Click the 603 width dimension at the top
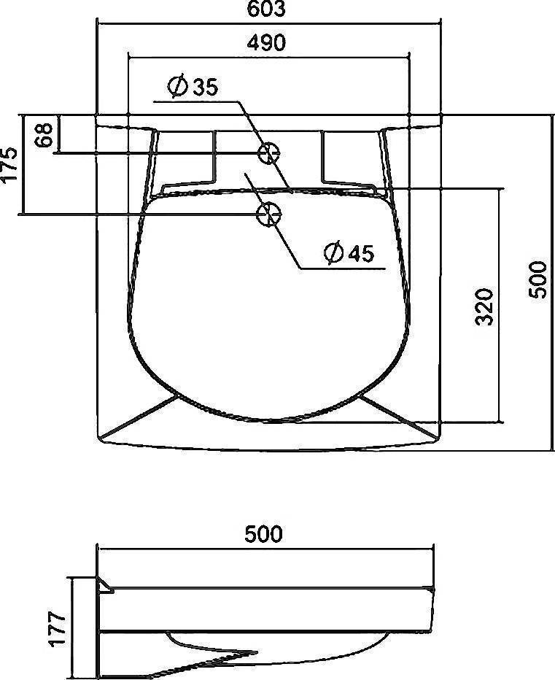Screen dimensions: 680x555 click(266, 9)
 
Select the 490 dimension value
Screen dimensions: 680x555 click(265, 42)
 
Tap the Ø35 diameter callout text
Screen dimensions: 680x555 click(193, 87)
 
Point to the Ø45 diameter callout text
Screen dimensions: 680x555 click(349, 253)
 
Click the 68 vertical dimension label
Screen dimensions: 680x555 click(44, 135)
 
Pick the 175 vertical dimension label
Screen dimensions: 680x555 click(9, 165)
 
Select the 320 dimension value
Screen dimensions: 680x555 click(486, 306)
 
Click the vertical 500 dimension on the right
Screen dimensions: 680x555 click(537, 279)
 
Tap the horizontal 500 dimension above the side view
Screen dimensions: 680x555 click(263, 535)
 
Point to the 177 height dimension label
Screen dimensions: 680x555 click(58, 628)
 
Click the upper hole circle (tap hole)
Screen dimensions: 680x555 click(268, 153)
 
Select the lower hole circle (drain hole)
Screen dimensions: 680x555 click(268, 214)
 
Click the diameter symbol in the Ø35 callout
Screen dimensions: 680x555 click(176, 87)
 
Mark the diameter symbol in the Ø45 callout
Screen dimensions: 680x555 click(333, 253)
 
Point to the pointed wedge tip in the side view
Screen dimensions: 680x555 click(255, 652)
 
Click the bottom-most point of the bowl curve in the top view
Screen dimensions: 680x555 click(268, 422)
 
